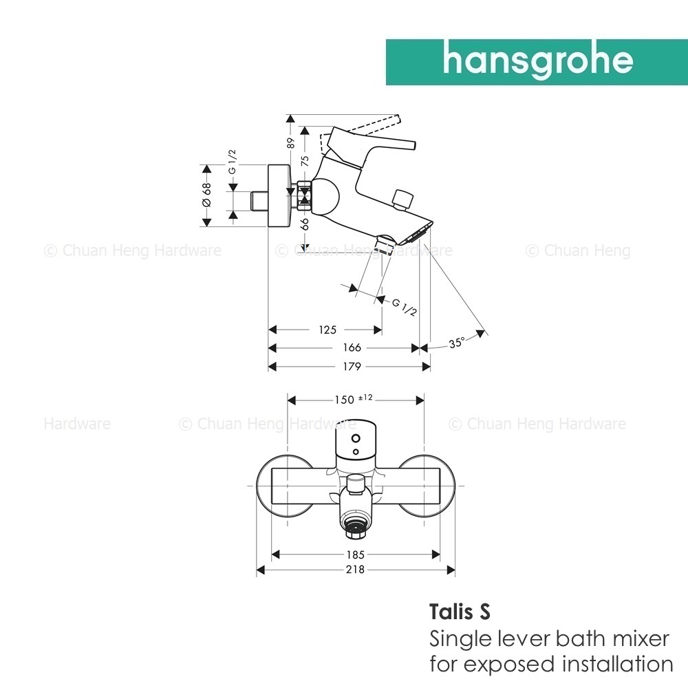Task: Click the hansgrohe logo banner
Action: pyautogui.click(x=537, y=62)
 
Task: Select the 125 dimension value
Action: pyautogui.click(x=327, y=330)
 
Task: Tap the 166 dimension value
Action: pyautogui.click(x=352, y=347)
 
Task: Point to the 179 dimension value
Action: pyautogui.click(x=352, y=367)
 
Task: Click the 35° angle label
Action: pyautogui.click(x=456, y=342)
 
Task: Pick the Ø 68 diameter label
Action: pyautogui.click(x=206, y=195)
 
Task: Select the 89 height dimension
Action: pyautogui.click(x=290, y=144)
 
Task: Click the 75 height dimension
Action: pyautogui.click(x=305, y=160)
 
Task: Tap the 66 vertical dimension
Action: pyautogui.click(x=305, y=224)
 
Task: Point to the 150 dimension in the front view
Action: pyautogui.click(x=344, y=400)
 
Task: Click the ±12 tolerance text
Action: pyautogui.click(x=365, y=397)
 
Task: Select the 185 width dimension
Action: pyautogui.click(x=355, y=555)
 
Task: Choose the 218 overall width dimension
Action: pyautogui.click(x=355, y=570)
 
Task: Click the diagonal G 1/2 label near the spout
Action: pyautogui.click(x=404, y=307)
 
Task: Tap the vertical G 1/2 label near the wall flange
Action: pyautogui.click(x=232, y=162)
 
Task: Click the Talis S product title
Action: pyautogui.click(x=460, y=612)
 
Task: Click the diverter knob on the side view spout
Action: pyautogui.click(x=402, y=200)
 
